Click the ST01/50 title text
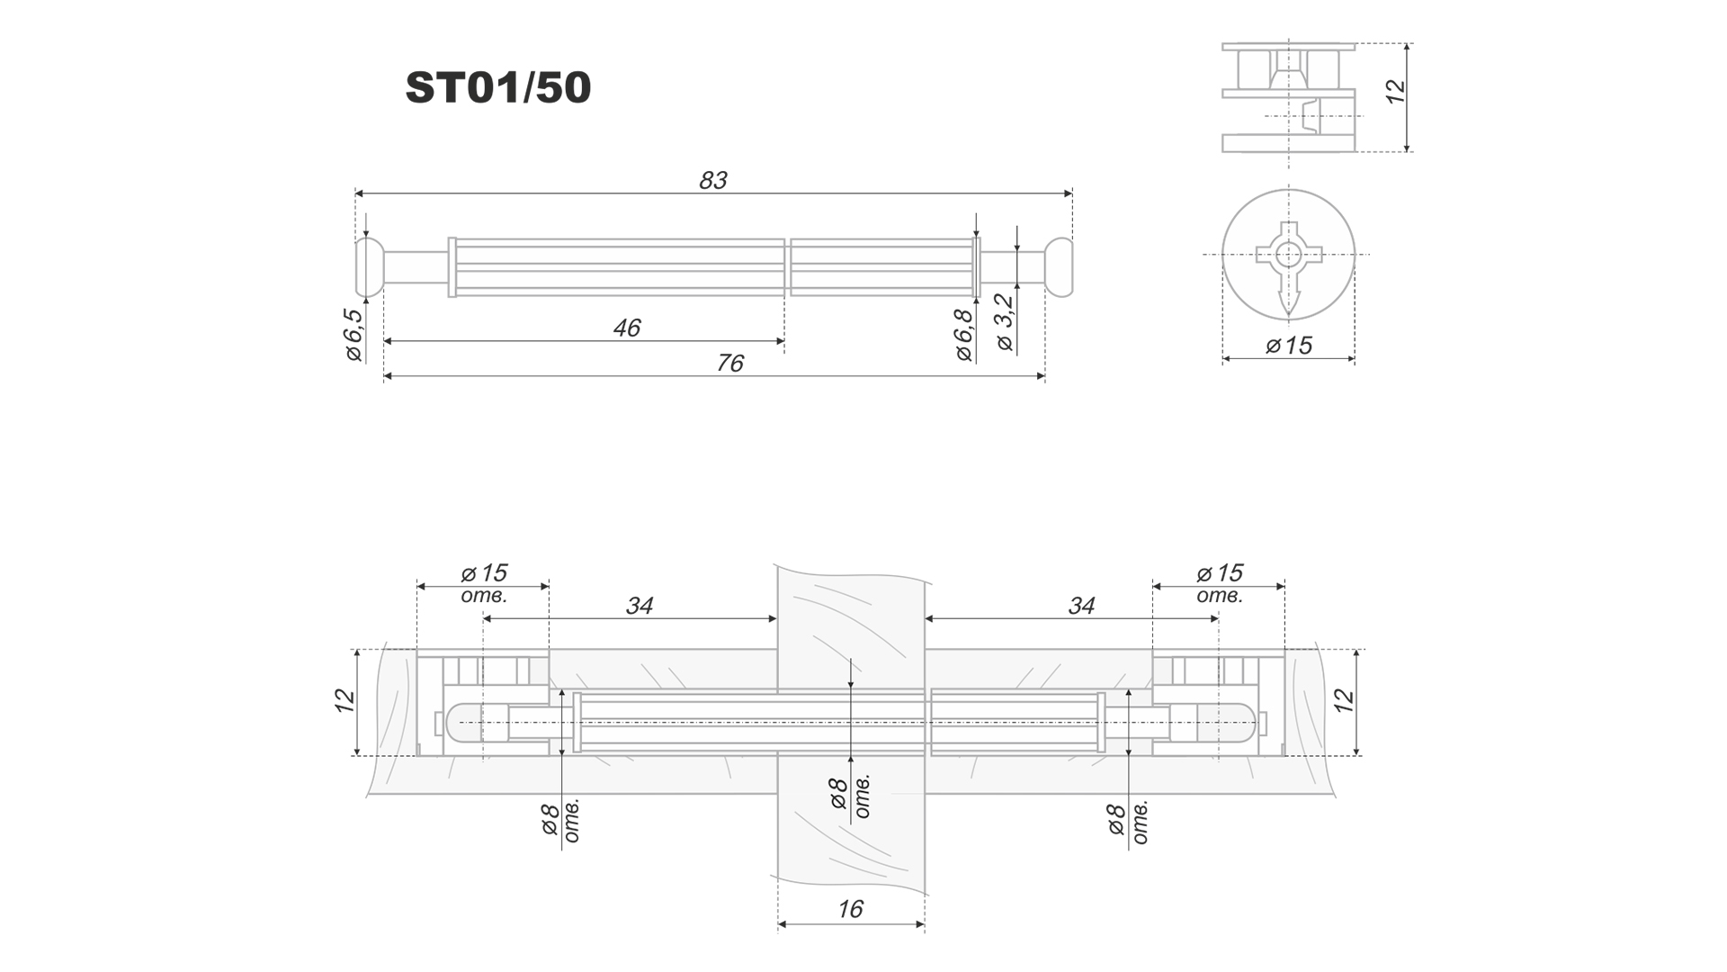[x=498, y=88]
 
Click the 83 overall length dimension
[x=712, y=181]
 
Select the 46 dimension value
[x=626, y=328]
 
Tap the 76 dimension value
[x=729, y=364]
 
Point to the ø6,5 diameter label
[x=353, y=335]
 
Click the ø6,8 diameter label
[x=964, y=335]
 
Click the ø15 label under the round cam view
[x=1289, y=346]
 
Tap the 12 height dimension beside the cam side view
[x=1395, y=92]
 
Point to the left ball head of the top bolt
[x=369, y=267]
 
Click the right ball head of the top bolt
[x=1060, y=267]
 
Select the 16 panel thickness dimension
[x=850, y=909]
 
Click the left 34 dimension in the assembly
[x=639, y=606]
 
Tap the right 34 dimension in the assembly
[x=1081, y=606]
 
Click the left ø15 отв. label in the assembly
[x=484, y=582]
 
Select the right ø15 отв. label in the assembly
[x=1220, y=582]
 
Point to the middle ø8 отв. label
[x=849, y=796]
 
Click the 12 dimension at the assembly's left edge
[x=345, y=700]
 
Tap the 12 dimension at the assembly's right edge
[x=1343, y=700]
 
